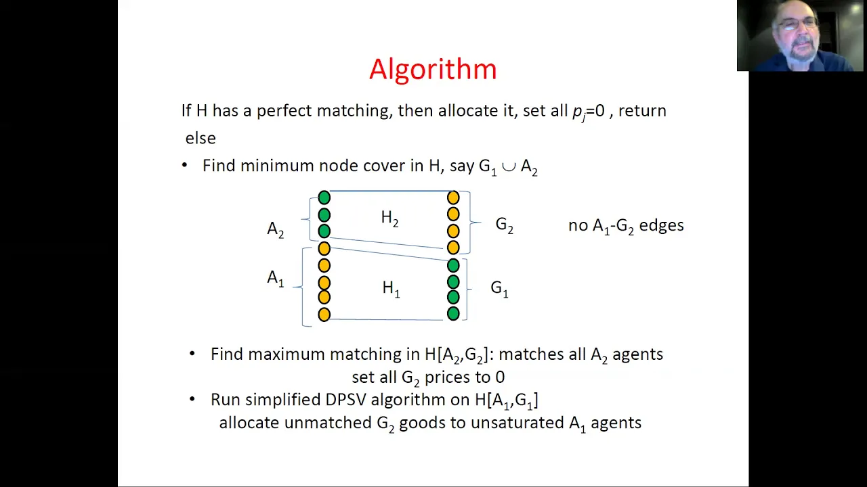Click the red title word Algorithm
click(433, 70)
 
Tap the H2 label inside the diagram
click(389, 218)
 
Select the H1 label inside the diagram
click(391, 289)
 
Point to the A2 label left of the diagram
click(276, 229)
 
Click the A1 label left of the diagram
click(276, 278)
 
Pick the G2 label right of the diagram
click(505, 225)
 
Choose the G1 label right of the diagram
click(499, 289)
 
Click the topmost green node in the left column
click(324, 198)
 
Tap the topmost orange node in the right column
click(453, 198)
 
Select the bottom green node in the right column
click(453, 313)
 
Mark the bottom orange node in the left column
click(324, 315)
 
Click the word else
click(200, 138)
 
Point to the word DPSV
click(345, 399)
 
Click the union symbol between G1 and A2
click(509, 166)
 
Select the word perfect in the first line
click(284, 111)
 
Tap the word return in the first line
click(643, 112)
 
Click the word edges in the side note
click(662, 225)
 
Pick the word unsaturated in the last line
click(517, 423)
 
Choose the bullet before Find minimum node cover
click(184, 166)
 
